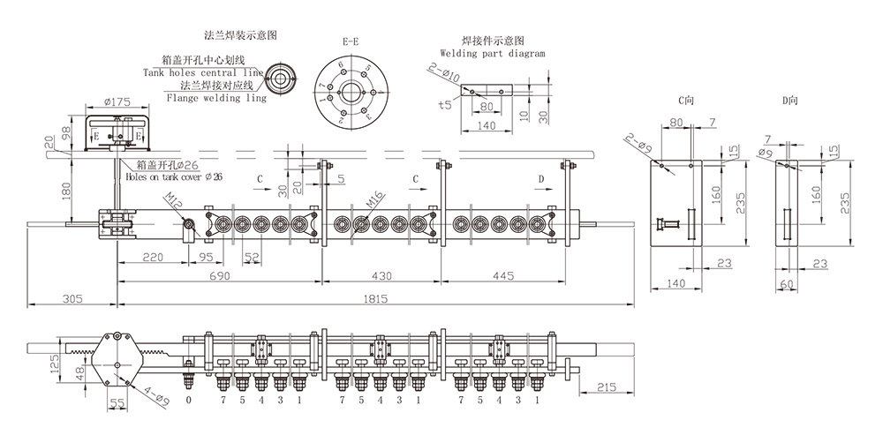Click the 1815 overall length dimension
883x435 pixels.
(376, 299)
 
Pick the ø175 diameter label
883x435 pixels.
(117, 102)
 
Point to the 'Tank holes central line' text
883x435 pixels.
(203, 72)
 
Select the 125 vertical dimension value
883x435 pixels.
(55, 364)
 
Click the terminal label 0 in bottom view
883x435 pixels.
(188, 401)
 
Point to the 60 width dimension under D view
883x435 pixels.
(789, 284)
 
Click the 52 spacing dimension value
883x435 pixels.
(252, 258)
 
